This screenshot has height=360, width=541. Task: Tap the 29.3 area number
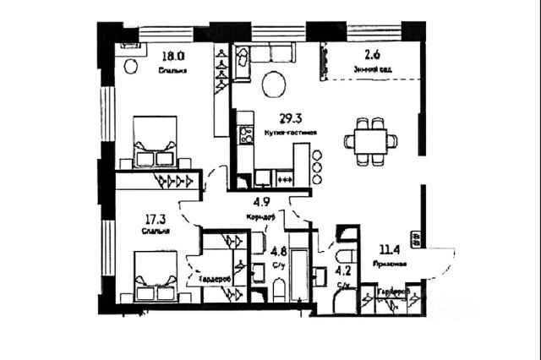(x=292, y=120)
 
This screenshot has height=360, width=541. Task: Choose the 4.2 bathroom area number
(x=344, y=271)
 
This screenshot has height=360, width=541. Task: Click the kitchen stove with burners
(x=246, y=134)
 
